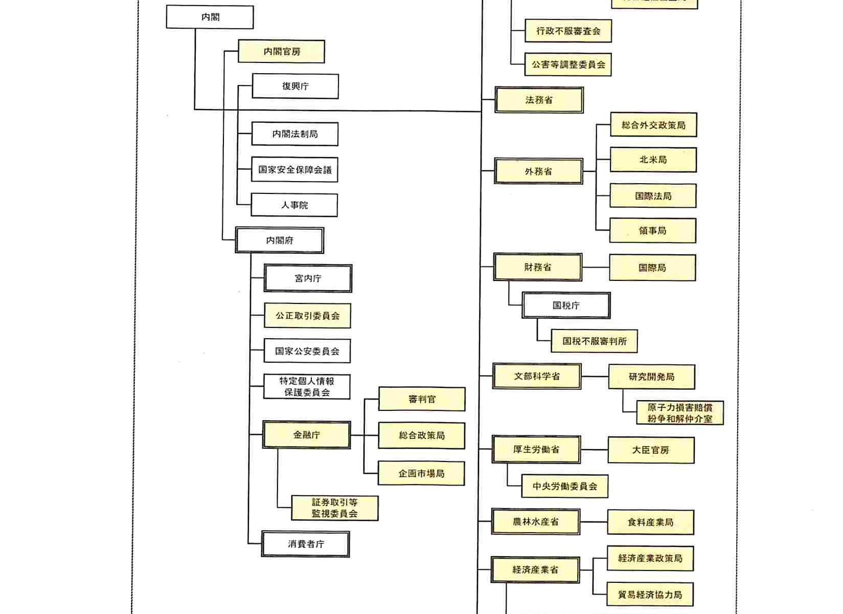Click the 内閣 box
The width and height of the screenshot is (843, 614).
pyautogui.click(x=210, y=17)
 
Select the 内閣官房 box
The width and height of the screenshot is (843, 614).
pyautogui.click(x=281, y=52)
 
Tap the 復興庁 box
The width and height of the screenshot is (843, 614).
pyautogui.click(x=295, y=86)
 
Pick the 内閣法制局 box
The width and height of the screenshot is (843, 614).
pyautogui.click(x=294, y=134)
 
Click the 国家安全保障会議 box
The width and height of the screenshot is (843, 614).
pyautogui.click(x=294, y=170)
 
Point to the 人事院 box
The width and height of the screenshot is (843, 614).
pyautogui.click(x=294, y=205)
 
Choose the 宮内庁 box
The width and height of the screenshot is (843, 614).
pyautogui.click(x=308, y=278)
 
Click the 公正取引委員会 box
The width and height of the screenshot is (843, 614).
pyautogui.click(x=307, y=316)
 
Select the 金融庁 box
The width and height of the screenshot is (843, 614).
pyautogui.click(x=306, y=435)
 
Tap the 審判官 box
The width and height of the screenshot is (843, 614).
pyautogui.click(x=422, y=399)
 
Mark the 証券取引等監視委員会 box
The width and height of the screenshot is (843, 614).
pyautogui.click(x=334, y=508)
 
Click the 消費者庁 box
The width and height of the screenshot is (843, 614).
pyautogui.click(x=306, y=544)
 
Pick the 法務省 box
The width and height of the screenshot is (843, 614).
pyautogui.click(x=539, y=100)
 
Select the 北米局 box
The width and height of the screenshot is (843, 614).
pyautogui.click(x=653, y=160)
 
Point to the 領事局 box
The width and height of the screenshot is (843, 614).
pyautogui.click(x=652, y=231)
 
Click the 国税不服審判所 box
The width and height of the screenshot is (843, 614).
pyautogui.click(x=594, y=341)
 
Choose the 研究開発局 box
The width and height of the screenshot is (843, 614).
pyautogui.click(x=651, y=377)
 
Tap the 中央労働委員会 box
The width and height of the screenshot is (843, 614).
pyautogui.click(x=564, y=486)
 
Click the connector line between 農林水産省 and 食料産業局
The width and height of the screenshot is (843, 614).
pyautogui.click(x=594, y=522)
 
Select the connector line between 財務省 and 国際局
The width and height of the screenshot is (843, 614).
pyautogui.click(x=596, y=268)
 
